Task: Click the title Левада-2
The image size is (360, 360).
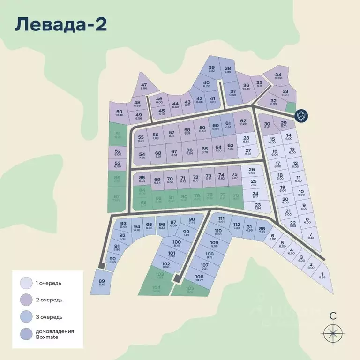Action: (x=61, y=24)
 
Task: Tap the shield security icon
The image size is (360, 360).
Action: (x=302, y=116)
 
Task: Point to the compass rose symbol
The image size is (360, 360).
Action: (x=332, y=334)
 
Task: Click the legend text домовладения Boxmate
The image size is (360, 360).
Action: (x=54, y=334)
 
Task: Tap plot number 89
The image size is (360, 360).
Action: (x=102, y=283)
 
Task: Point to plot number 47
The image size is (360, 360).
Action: (x=143, y=86)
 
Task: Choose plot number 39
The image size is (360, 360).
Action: (x=211, y=69)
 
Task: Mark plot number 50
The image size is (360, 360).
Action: (x=119, y=113)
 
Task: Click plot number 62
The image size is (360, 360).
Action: (x=243, y=123)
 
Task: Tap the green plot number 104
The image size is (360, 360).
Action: (x=157, y=288)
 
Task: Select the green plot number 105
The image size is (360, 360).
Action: (x=190, y=290)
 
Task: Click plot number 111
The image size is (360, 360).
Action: (x=222, y=221)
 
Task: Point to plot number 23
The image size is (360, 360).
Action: (x=258, y=206)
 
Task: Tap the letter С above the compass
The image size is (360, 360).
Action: (x=332, y=315)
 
